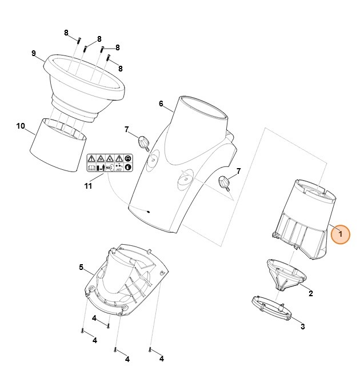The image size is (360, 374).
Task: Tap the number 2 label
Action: point(310,293)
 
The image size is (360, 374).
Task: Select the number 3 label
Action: point(302,327)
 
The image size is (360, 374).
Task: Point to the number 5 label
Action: point(81,267)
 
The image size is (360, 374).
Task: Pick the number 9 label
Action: point(34,53)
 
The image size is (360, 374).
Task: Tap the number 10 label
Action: point(21,126)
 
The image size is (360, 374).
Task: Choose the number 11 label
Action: point(87,186)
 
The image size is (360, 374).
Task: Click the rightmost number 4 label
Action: point(162,359)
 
